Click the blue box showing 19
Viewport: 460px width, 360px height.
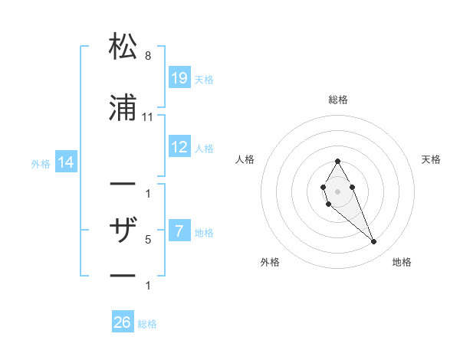(179, 77)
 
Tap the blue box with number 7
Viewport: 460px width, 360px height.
(179, 231)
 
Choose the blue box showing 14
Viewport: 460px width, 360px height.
(65, 162)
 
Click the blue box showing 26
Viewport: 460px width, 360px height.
(123, 322)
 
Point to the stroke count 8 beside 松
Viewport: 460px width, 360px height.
(148, 56)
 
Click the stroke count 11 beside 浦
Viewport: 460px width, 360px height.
(148, 116)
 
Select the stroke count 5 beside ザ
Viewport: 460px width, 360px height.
(148, 239)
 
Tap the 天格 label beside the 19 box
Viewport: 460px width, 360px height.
(204, 79)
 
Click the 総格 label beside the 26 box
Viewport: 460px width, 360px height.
(147, 324)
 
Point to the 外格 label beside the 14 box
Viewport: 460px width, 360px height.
(41, 163)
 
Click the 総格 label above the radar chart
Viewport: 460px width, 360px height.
(337, 100)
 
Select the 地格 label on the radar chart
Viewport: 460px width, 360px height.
(402, 262)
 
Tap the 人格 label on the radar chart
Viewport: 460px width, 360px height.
(245, 159)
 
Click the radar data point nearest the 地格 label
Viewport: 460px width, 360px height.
(374, 242)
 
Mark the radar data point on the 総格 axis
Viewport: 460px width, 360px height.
(337, 162)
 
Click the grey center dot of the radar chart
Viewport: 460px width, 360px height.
(337, 190)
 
